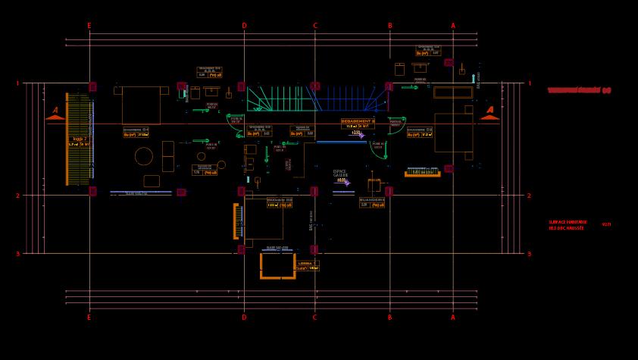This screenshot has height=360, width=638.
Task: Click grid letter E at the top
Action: (89, 26)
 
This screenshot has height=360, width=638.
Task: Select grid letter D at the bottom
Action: (243, 318)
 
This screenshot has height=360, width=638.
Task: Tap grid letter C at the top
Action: (315, 26)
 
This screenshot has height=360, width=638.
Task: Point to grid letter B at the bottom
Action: (389, 318)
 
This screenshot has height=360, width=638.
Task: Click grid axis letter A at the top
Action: (453, 26)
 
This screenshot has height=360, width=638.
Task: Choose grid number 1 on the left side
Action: (17, 83)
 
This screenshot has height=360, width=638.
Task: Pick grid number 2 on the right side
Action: (529, 196)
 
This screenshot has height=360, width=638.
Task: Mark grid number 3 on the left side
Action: (17, 255)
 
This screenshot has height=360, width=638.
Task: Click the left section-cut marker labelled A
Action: (55, 113)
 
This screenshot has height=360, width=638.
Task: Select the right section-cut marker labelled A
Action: (489, 112)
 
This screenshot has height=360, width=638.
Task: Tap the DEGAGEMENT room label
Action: (358, 121)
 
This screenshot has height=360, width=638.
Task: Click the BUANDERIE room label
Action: (371, 200)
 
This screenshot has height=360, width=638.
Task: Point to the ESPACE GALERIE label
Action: (339, 173)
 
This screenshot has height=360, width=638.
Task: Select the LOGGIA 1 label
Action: (78, 139)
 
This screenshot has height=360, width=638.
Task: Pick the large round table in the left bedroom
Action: (144, 156)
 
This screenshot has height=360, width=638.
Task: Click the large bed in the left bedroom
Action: (141, 105)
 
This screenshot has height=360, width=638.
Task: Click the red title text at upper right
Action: (580, 90)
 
